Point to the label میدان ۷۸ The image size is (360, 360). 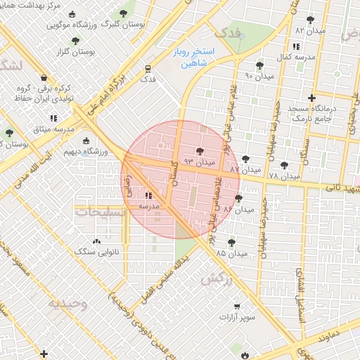(x=283, y=175)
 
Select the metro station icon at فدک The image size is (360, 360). (x=148, y=69)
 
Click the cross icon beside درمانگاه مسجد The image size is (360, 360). (x=312, y=98)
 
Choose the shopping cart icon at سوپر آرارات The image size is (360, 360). (x=237, y=306)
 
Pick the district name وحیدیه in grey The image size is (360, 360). (x=68, y=303)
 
